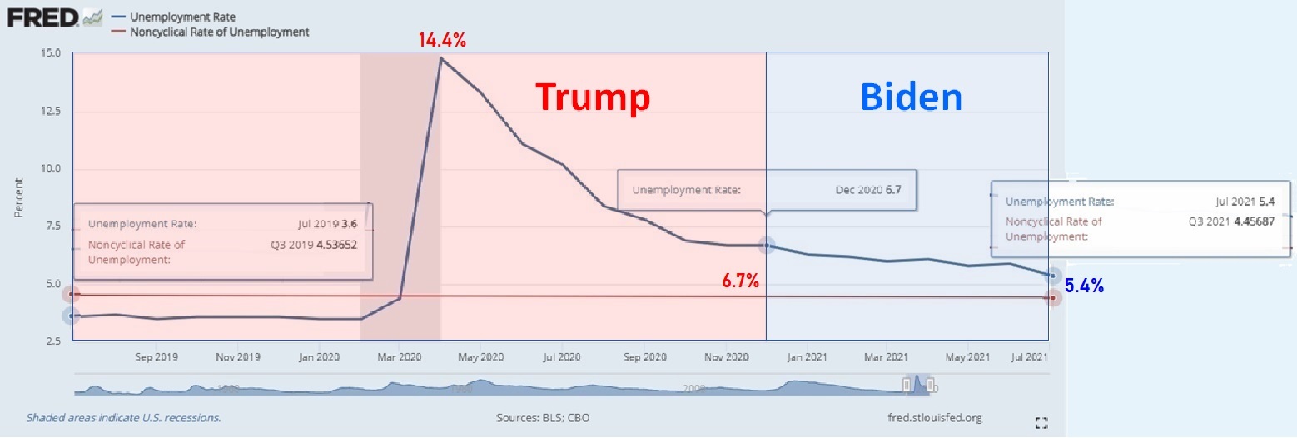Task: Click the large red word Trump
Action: point(592,97)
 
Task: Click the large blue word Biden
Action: point(911,97)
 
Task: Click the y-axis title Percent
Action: point(18,198)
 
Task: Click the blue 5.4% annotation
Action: point(1085,287)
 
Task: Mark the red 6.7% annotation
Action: point(740,282)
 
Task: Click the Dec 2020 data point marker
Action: point(767,246)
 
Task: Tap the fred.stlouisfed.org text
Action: point(936,417)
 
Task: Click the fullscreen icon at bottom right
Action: point(1040,423)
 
